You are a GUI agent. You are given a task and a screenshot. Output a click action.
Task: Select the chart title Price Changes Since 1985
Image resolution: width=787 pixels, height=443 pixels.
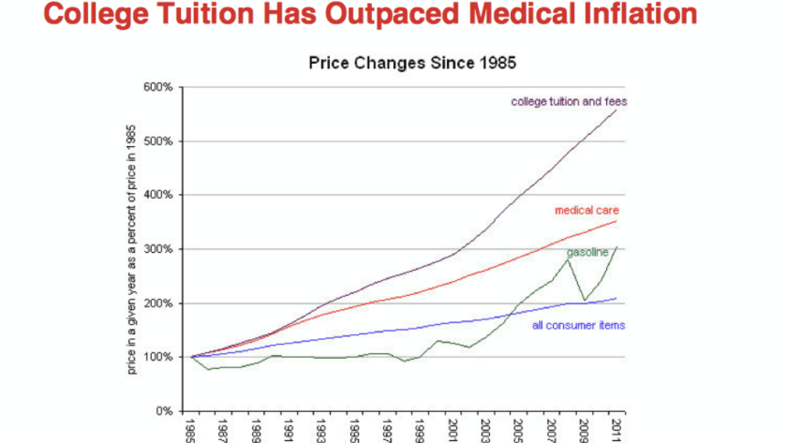tap(413, 64)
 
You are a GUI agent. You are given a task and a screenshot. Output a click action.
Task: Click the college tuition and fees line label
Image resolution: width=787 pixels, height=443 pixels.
tap(568, 101)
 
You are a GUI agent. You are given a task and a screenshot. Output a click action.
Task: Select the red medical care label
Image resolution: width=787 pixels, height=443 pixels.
tap(586, 210)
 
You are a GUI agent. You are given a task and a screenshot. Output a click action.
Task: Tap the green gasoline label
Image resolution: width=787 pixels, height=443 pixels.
tap(587, 252)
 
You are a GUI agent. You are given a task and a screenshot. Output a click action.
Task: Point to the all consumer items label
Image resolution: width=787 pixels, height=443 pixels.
tap(578, 326)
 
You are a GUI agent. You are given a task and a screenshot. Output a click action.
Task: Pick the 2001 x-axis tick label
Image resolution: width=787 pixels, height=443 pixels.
tap(452, 429)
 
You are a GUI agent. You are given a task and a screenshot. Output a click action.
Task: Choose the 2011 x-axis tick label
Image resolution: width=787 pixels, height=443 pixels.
tap(614, 429)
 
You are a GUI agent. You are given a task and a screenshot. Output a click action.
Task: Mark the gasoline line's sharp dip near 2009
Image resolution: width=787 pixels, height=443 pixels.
tap(585, 300)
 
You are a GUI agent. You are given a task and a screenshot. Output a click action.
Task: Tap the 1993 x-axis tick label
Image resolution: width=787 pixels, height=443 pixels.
tap(322, 429)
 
